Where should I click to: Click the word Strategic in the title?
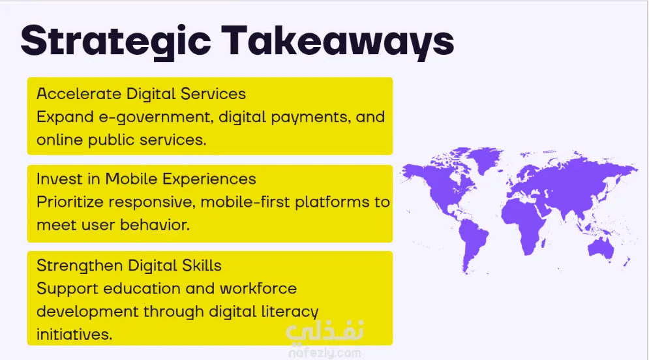116,42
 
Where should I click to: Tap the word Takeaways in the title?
338,42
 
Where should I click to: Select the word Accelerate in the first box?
79,94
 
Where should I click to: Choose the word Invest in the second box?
59,179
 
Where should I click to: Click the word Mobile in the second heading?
131,179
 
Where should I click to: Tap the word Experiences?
209,179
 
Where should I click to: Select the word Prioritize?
70,202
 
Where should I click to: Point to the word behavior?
155,225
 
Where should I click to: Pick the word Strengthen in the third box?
80,266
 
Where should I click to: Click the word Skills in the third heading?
202,265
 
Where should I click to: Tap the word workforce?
258,288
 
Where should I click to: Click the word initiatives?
74,334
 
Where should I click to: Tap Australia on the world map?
601,248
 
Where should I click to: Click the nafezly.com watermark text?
325,353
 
